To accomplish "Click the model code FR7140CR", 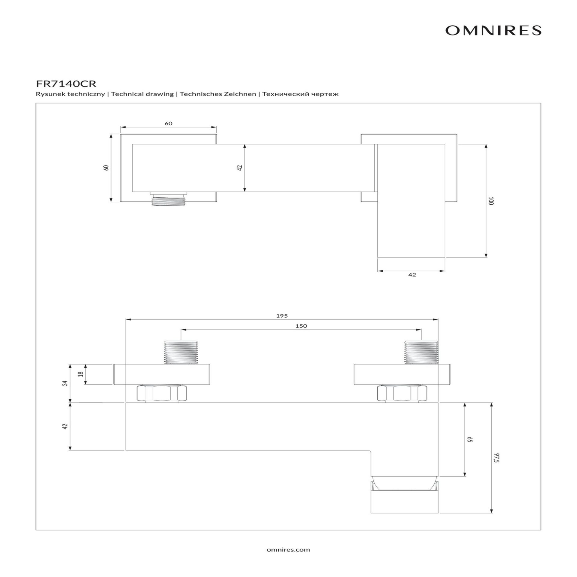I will click(66, 83).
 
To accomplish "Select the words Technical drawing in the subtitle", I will click(142, 94).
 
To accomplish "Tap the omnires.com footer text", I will click(288, 550).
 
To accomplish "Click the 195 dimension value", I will click(282, 316).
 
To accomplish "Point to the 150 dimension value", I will click(301, 326).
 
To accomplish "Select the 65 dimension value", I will click(470, 439).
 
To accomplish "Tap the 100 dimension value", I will click(491, 201).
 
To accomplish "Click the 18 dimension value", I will click(80, 374).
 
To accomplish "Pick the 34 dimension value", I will click(66, 383).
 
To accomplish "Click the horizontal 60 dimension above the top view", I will click(169, 124).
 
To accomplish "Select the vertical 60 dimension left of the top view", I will click(106, 168).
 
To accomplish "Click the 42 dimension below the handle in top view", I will click(412, 275).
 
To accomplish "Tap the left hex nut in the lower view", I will click(162, 394).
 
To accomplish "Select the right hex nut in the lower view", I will click(402, 394).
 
